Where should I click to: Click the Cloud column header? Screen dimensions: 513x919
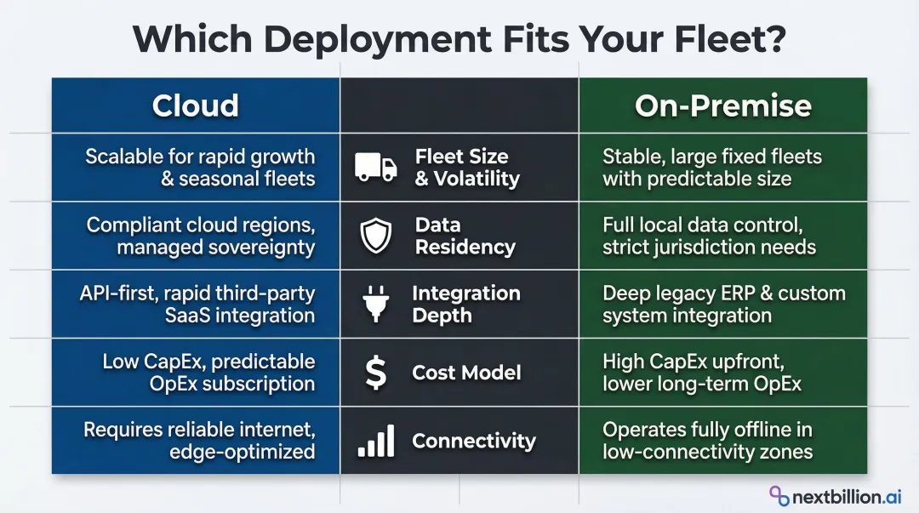tap(195, 105)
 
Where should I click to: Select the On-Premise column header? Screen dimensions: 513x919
tap(722, 105)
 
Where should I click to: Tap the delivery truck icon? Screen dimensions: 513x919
tap(375, 168)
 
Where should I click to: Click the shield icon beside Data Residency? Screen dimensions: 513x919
tap(375, 237)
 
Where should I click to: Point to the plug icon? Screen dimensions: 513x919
tap(375, 305)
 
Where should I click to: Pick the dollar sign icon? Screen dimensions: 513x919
tap(375, 373)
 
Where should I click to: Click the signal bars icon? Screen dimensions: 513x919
tap(375, 441)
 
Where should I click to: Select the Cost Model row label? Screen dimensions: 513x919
tap(466, 373)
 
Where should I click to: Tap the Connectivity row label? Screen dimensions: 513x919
tap(474, 441)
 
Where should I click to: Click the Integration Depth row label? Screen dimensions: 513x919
tap(465, 305)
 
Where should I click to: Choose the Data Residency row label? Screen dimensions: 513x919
tap(465, 237)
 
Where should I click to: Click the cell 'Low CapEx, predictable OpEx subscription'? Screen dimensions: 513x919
tap(208, 373)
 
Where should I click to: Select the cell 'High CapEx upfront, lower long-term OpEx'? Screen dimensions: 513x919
tap(702, 373)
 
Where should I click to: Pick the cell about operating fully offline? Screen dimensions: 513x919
tap(707, 441)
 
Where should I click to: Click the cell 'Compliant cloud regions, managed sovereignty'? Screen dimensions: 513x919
tap(201, 237)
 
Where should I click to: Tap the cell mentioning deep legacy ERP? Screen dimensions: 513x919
tap(723, 305)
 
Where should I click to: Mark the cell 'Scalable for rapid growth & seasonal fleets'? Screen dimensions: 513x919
tap(200, 168)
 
